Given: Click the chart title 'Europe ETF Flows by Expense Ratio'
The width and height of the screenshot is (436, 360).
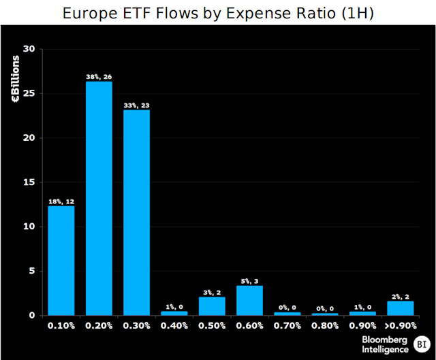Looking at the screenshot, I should pyautogui.click(x=218, y=14).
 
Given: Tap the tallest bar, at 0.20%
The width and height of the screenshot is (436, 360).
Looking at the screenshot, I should pyautogui.click(x=99, y=198).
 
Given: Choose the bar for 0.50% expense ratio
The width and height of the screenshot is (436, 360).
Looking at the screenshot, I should pyautogui.click(x=212, y=306).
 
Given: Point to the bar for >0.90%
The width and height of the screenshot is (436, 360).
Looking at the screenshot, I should pyautogui.click(x=400, y=308).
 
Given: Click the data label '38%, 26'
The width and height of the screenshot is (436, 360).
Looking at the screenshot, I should pyautogui.click(x=99, y=77).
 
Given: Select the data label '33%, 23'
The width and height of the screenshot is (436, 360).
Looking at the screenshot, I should pyautogui.click(x=136, y=105).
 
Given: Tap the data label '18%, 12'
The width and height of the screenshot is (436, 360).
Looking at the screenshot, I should pyautogui.click(x=61, y=201).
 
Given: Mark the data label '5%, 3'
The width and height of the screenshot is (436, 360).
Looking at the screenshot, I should pyautogui.click(x=249, y=281).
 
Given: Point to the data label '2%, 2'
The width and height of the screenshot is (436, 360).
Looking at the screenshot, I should pyautogui.click(x=400, y=296).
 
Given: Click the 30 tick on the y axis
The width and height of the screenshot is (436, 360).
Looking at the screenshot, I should pyautogui.click(x=29, y=49).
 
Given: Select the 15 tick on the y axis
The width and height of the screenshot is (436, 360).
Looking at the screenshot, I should pyautogui.click(x=29, y=182).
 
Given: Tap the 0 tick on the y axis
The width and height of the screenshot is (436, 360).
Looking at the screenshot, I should pyautogui.click(x=31, y=316).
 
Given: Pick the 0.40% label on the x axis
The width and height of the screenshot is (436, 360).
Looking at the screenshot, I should pyautogui.click(x=174, y=326).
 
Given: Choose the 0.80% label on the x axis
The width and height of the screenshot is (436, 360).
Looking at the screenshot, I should pyautogui.click(x=325, y=326).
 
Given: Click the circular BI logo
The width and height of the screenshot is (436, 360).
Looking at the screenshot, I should pyautogui.click(x=422, y=344).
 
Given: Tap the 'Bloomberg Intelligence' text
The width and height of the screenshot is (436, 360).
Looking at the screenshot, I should pyautogui.click(x=386, y=344).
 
